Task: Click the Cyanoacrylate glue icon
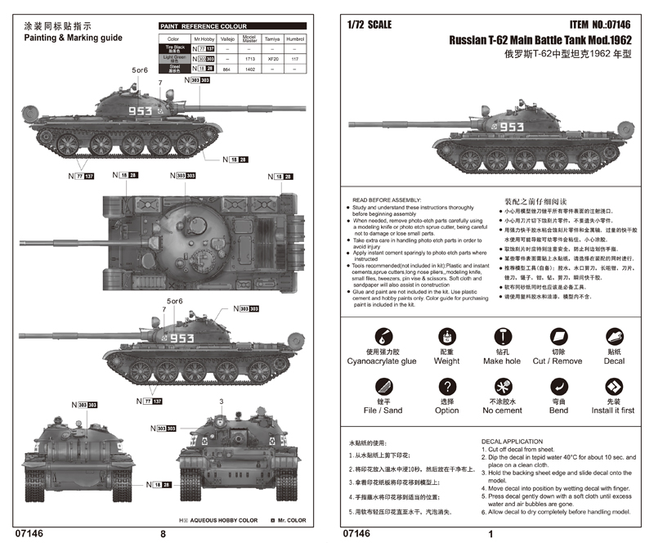[x=381, y=336]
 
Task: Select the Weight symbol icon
[x=446, y=336]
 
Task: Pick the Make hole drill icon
[x=503, y=336]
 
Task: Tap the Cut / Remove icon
[x=558, y=336]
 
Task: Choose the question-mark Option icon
[x=446, y=386]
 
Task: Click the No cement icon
[x=503, y=386]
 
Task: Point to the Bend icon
[x=558, y=386]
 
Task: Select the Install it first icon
[x=613, y=386]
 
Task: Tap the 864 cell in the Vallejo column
[x=226, y=71]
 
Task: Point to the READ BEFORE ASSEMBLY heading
[x=387, y=200]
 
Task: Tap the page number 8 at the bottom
[x=163, y=533]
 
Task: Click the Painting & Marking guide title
[x=73, y=38]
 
